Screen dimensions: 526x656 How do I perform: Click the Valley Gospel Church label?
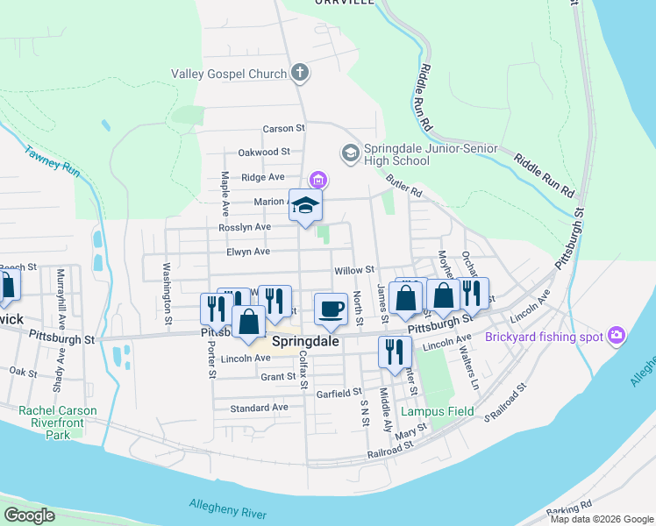(229, 75)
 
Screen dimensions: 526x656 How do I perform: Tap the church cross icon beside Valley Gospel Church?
(300, 73)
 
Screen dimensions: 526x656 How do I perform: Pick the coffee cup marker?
(331, 309)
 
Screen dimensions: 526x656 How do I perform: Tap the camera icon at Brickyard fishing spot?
(617, 337)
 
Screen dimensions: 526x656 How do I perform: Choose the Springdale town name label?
(305, 342)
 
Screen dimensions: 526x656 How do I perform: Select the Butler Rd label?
(403, 185)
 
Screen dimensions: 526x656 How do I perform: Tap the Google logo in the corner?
(30, 515)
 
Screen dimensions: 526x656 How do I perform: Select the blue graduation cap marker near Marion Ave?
(305, 206)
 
